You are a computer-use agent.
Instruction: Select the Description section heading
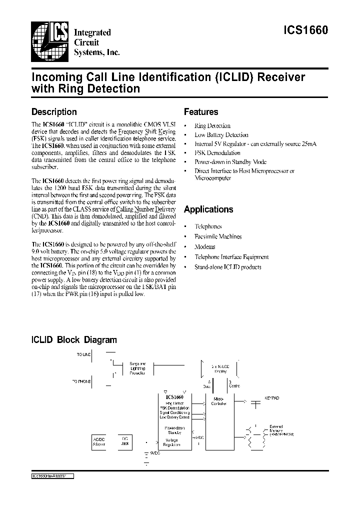(54, 112)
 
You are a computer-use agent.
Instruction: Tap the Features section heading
(201, 112)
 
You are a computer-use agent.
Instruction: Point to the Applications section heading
(208, 209)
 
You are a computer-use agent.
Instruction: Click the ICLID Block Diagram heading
(74, 340)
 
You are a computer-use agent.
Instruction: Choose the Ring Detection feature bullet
(212, 126)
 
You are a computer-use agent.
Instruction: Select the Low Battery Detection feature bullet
(221, 135)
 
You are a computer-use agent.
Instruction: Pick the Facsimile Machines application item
(217, 236)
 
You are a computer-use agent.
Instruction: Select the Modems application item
(204, 246)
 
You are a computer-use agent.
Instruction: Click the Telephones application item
(207, 226)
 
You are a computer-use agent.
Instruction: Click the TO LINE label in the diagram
(83, 354)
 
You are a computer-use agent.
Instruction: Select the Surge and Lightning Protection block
(137, 369)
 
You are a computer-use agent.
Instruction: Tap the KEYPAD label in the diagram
(271, 397)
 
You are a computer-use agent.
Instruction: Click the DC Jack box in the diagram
(125, 440)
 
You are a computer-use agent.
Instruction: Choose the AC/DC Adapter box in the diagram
(99, 440)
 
